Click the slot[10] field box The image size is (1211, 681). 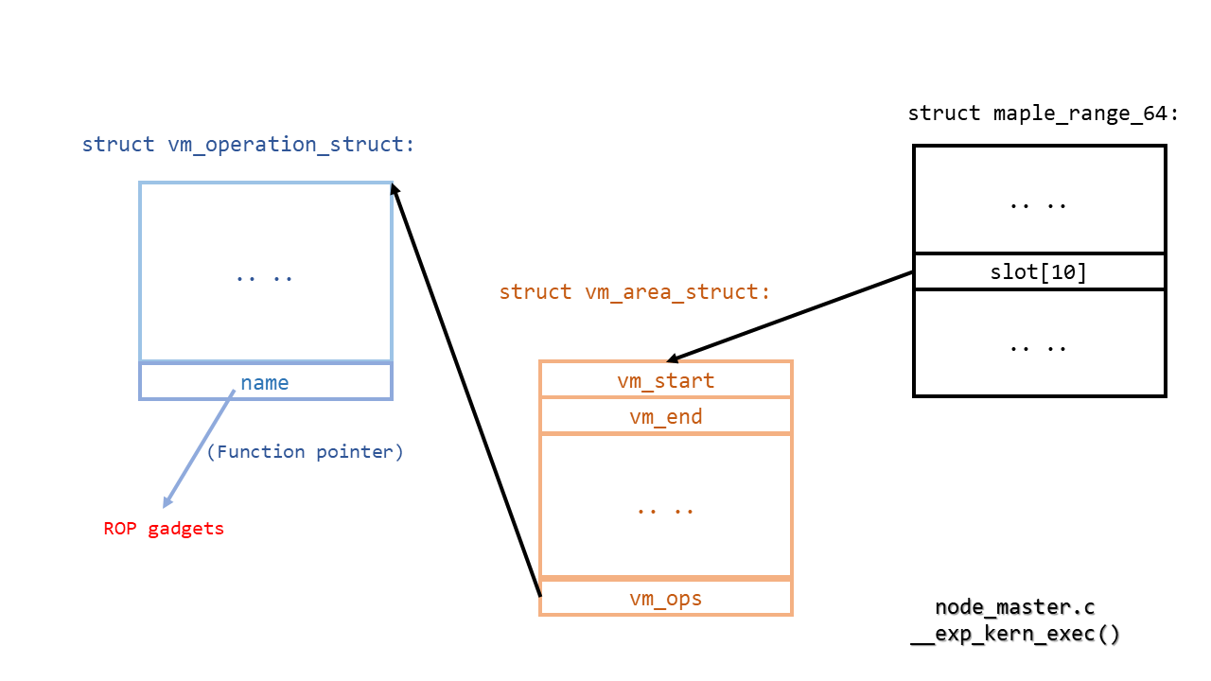click(x=1038, y=272)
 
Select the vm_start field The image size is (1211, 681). click(x=665, y=381)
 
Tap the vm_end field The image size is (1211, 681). click(x=665, y=417)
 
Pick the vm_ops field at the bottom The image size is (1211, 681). click(x=665, y=598)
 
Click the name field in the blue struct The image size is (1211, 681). click(x=265, y=382)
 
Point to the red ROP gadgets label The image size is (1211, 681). click(x=164, y=529)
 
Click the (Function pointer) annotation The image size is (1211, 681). click(x=305, y=452)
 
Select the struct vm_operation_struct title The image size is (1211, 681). click(x=248, y=145)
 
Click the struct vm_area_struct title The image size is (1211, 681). click(x=634, y=292)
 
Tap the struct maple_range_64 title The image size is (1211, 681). click(x=1044, y=114)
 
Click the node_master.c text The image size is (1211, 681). click(x=1014, y=607)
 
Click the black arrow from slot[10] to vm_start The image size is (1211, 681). click(x=790, y=317)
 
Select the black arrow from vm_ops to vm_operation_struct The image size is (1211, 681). click(x=465, y=388)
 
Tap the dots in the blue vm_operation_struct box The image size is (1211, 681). click(x=265, y=277)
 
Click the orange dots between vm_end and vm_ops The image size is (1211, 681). click(x=665, y=508)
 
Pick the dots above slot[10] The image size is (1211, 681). click(x=1038, y=203)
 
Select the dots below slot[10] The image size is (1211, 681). click(x=1038, y=345)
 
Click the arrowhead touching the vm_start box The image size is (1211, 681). click(x=674, y=358)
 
